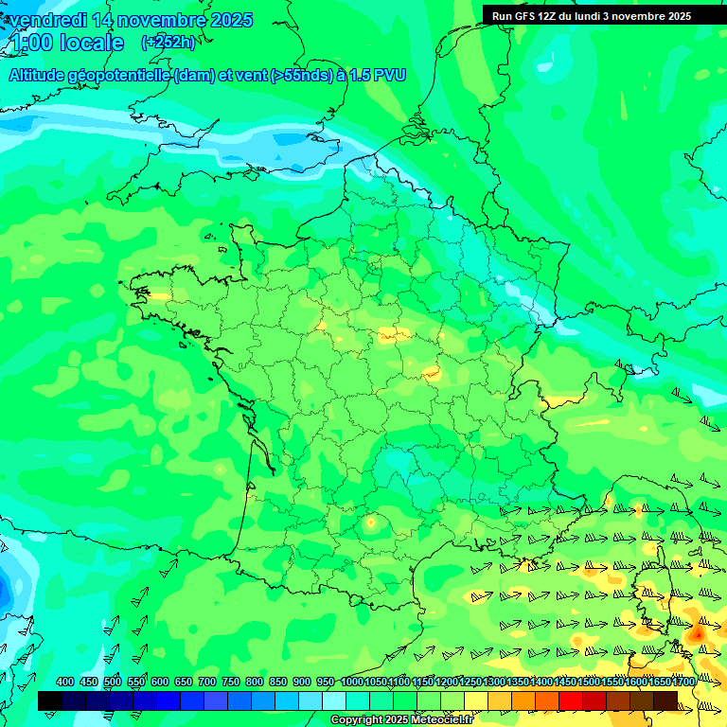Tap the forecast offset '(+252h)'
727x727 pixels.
pyautogui.click(x=168, y=43)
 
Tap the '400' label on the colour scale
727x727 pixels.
pyautogui.click(x=65, y=682)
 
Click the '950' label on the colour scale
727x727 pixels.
pyautogui.click(x=326, y=682)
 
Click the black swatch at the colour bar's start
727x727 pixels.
pyautogui.click(x=50, y=700)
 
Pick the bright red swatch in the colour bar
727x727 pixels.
pyautogui.click(x=571, y=700)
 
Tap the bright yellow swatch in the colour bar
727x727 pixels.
pyautogui.click(x=476, y=700)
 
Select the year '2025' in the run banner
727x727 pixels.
pyautogui.click(x=673, y=16)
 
